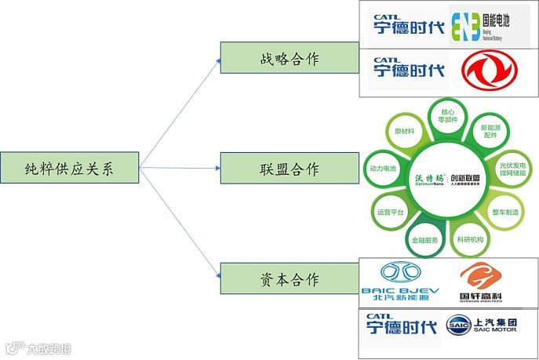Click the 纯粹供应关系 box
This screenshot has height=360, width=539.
(70, 168)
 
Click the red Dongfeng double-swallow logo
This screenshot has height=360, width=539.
(488, 70)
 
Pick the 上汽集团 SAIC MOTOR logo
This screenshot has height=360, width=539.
(490, 325)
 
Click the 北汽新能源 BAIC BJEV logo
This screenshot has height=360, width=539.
(400, 282)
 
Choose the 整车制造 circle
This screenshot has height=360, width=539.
(506, 212)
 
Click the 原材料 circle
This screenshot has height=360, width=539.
(405, 130)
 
